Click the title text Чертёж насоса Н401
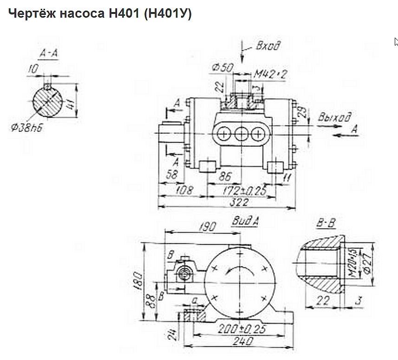pyautogui.click(x=99, y=14)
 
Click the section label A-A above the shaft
pyautogui.click(x=49, y=54)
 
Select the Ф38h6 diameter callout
pyautogui.click(x=27, y=127)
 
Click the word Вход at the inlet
pyautogui.click(x=268, y=46)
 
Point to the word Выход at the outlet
pyautogui.click(x=334, y=117)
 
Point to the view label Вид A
pyautogui.click(x=245, y=221)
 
